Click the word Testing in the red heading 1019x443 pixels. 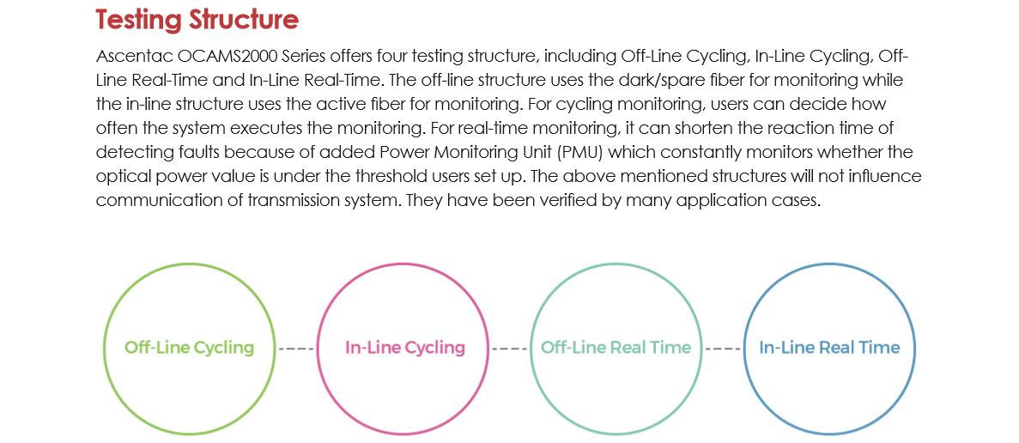[x=143, y=20]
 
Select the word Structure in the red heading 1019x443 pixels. [x=246, y=20]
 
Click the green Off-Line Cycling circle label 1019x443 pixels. [x=189, y=348]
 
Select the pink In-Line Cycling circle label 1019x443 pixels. [x=404, y=348]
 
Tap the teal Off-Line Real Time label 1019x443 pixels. [x=616, y=348]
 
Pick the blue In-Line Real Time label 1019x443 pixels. [x=829, y=348]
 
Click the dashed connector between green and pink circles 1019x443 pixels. [x=296, y=349]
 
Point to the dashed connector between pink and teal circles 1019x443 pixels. [x=510, y=349]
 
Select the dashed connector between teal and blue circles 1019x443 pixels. [x=723, y=349]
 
